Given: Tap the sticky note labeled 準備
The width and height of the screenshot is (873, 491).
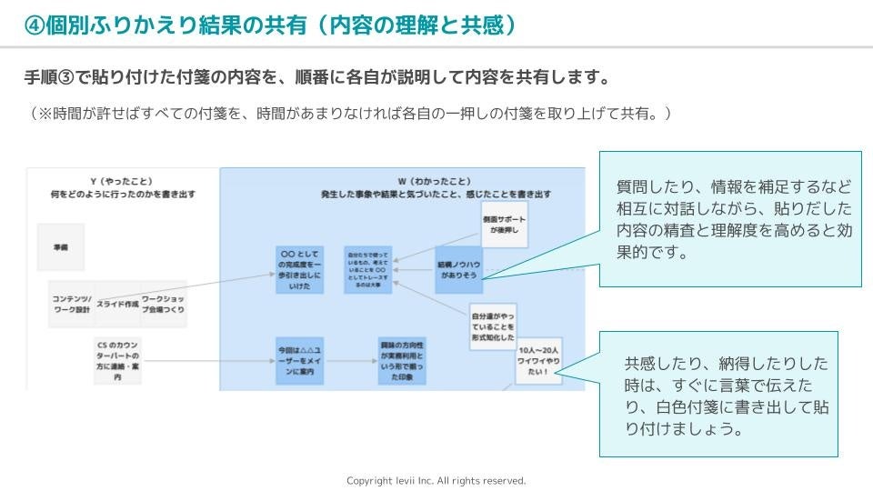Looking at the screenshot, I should coord(61,246).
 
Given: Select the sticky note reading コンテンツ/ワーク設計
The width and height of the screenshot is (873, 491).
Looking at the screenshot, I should coord(71,304).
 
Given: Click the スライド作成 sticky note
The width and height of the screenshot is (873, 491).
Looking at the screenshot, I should coord(117,304).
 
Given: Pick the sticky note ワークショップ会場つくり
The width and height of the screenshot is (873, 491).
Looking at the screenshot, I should coord(164,304).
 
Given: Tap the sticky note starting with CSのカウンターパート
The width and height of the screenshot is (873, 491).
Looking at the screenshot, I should coord(117,361).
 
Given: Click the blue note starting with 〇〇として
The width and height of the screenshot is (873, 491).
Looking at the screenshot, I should coord(300,269).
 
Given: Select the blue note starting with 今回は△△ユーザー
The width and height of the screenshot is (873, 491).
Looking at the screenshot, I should coord(300,361).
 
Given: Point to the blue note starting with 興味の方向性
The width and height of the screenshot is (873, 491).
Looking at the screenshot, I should coord(402,361).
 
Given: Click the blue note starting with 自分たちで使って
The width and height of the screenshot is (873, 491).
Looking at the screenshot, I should coord(367,269).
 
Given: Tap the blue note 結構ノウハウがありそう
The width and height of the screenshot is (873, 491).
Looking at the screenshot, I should coord(458,269).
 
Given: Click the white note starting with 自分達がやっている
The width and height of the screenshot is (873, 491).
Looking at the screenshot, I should coord(492,326).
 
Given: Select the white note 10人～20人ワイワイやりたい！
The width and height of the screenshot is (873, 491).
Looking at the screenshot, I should coord(538,362).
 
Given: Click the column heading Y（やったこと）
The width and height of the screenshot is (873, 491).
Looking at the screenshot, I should coord(123,182).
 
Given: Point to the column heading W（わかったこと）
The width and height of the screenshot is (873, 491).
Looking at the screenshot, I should coord(435,182).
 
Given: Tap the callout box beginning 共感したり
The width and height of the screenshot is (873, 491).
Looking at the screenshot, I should coord(718,394).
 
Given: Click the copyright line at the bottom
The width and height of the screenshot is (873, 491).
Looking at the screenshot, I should coord(436,480).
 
